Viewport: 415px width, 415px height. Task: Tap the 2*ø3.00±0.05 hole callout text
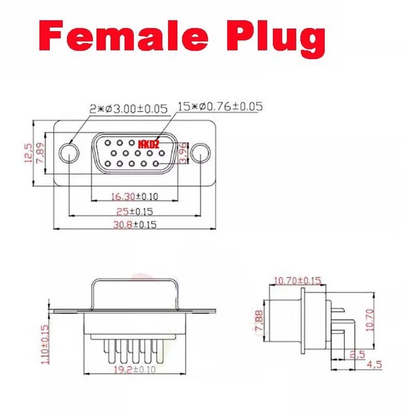[x=128, y=109]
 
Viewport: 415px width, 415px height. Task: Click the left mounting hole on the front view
[x=69, y=154]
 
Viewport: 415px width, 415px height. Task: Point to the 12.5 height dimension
[x=28, y=154]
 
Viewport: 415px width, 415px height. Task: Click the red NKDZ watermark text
[x=148, y=143]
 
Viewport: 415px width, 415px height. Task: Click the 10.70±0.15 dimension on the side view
[x=298, y=280]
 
